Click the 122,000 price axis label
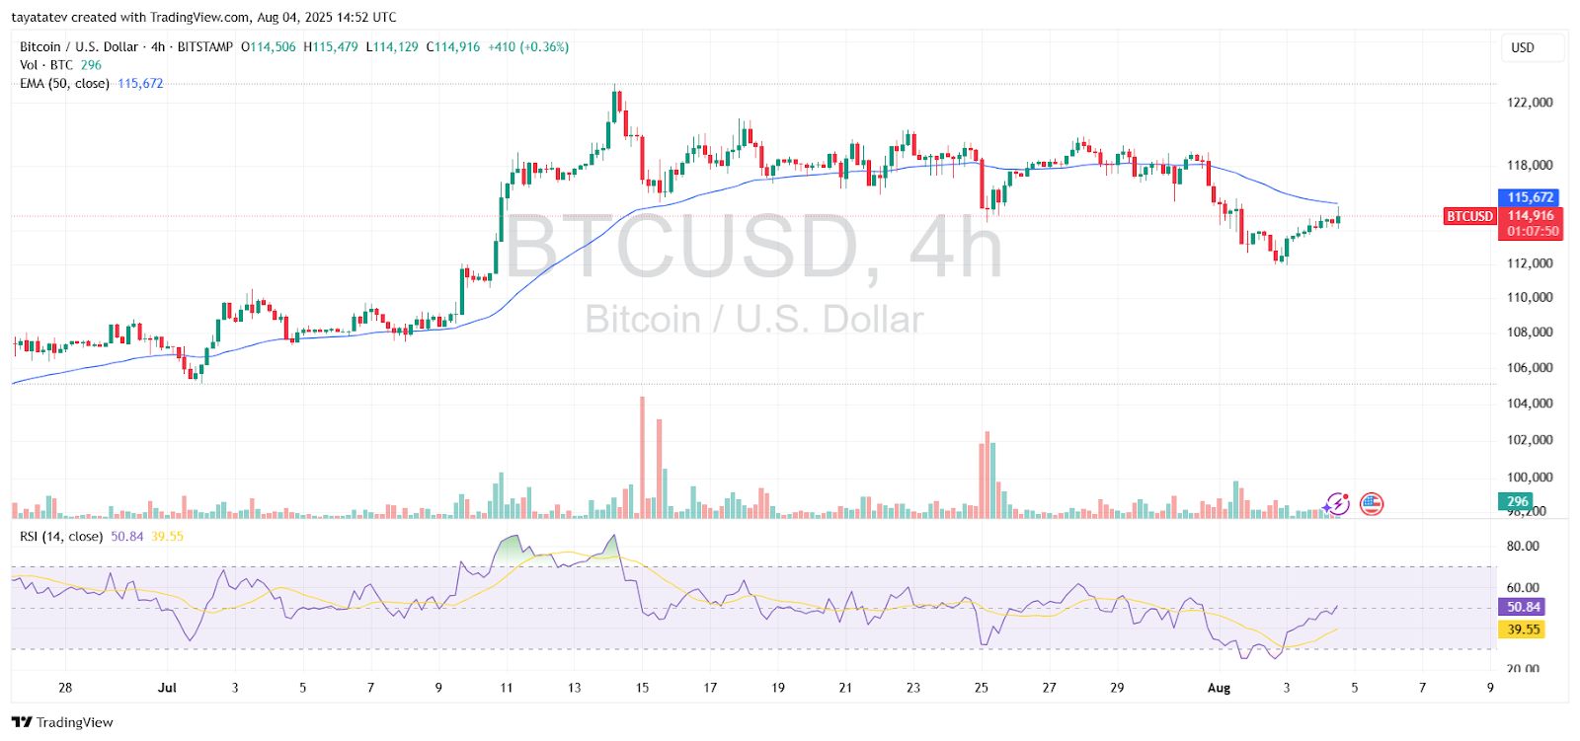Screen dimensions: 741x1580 coord(1530,103)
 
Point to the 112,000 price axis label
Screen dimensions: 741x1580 coord(1530,263)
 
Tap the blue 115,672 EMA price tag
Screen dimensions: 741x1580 coord(1530,197)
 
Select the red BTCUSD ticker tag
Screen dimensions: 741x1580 coord(1469,216)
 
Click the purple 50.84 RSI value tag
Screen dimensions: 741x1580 coord(1523,607)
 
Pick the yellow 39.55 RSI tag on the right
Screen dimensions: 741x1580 coord(1523,630)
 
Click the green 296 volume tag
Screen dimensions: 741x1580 coord(1517,501)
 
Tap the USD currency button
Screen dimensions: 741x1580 coord(1523,47)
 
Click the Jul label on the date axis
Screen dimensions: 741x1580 coord(167,688)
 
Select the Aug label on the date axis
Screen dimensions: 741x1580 coord(1219,688)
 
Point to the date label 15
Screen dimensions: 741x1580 coord(642,688)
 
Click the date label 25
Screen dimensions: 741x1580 coord(981,688)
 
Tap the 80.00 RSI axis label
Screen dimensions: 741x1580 coord(1523,546)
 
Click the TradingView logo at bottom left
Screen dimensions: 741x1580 coord(63,722)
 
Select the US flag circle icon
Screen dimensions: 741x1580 coord(1371,504)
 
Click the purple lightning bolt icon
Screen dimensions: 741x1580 coord(1336,504)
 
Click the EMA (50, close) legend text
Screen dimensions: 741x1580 coord(64,84)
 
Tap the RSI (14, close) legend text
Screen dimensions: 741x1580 coord(61,537)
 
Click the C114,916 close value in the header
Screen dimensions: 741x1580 coord(453,47)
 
